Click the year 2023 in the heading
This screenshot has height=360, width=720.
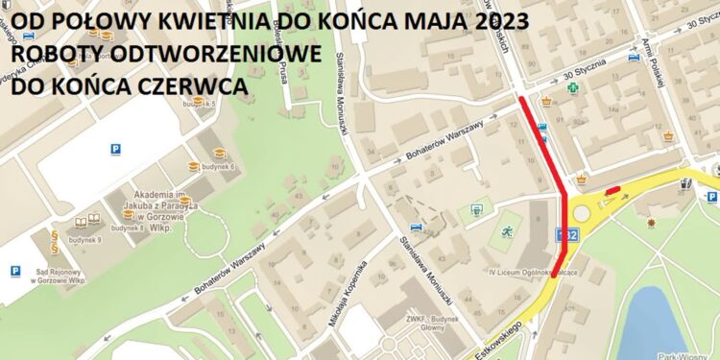491,18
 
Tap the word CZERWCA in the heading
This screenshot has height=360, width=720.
203,86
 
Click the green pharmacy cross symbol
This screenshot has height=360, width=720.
572,88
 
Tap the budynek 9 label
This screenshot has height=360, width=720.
85,239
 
